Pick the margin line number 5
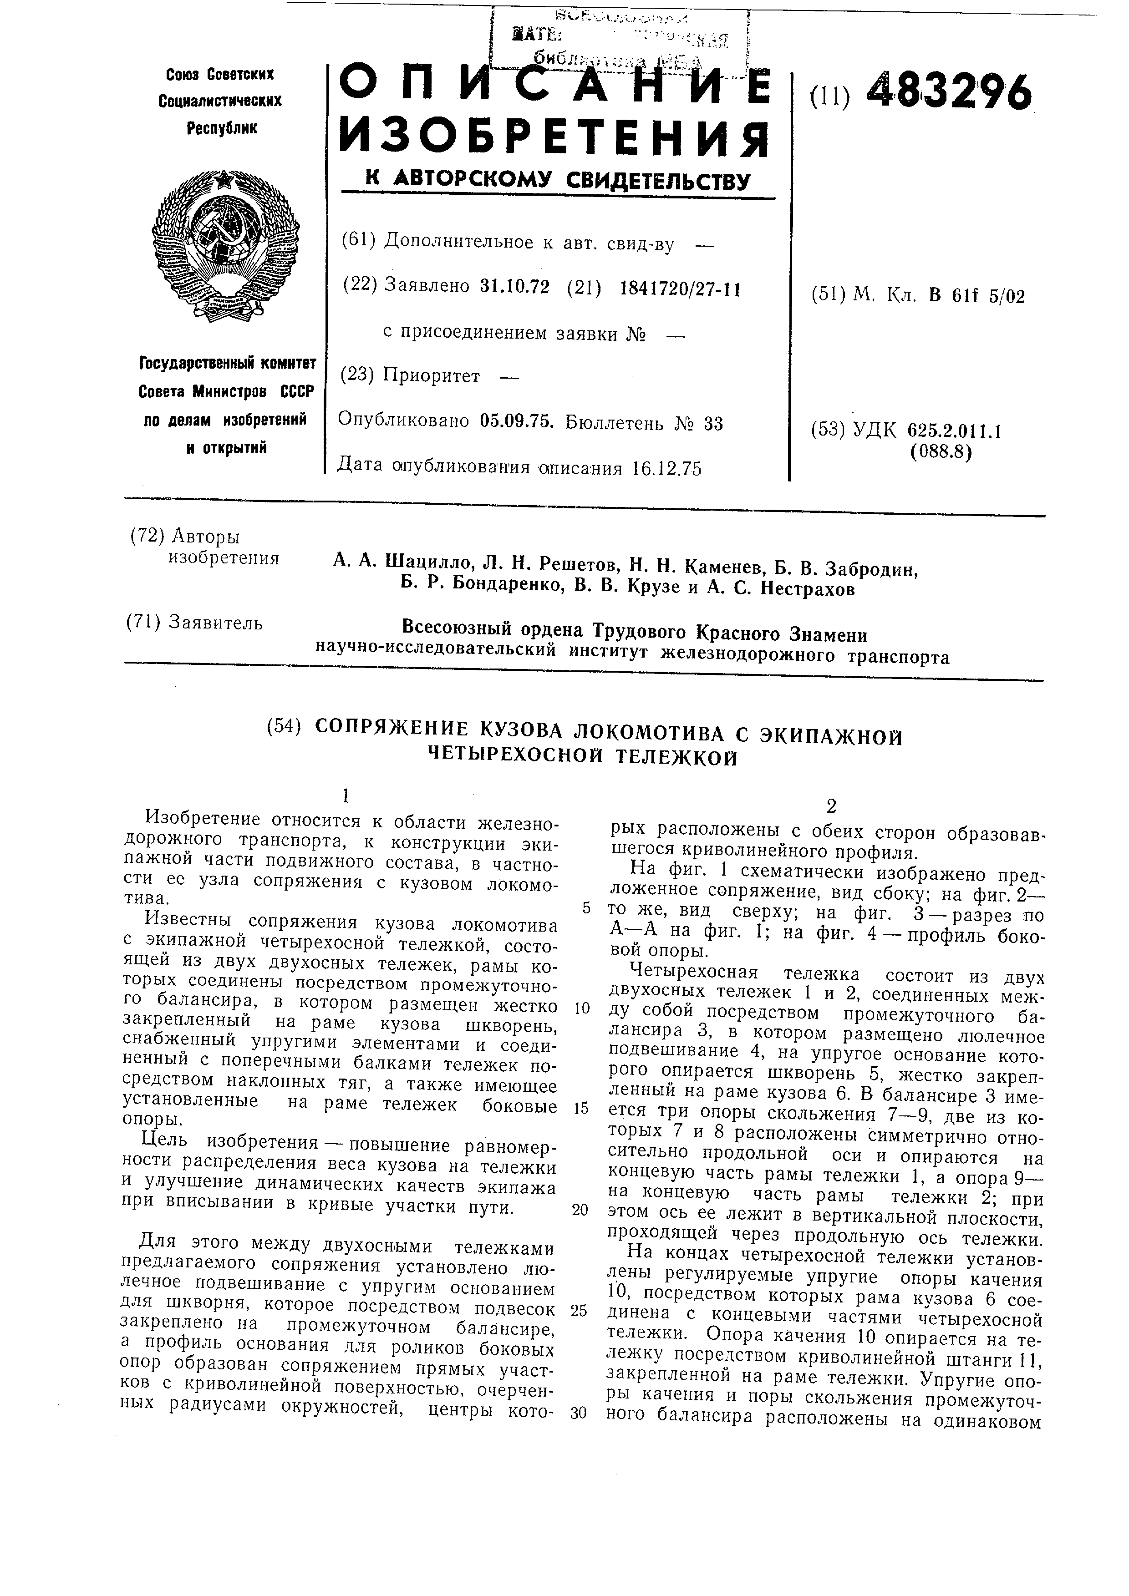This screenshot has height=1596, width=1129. pyautogui.click(x=586, y=908)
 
